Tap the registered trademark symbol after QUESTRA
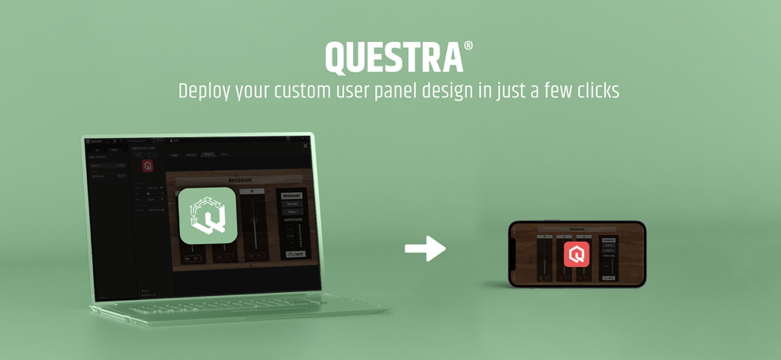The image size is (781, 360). (468, 46)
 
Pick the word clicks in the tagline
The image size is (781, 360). (597, 91)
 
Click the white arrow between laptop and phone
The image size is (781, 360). (425, 248)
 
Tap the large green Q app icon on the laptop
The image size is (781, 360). (207, 216)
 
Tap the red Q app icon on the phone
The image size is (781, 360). (577, 254)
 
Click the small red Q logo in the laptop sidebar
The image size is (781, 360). (148, 165)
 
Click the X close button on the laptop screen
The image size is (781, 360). (305, 146)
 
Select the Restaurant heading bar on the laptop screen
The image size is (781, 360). (241, 181)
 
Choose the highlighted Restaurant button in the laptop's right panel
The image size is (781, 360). (292, 195)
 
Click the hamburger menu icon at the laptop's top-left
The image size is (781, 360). (87, 141)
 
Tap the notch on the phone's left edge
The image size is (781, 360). (513, 253)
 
